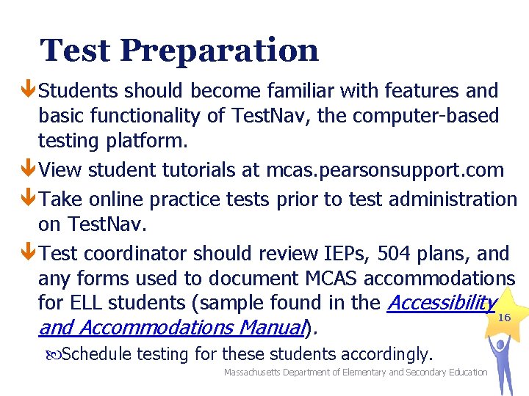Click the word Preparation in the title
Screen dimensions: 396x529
[219, 51]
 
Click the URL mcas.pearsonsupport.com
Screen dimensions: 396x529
[385, 170]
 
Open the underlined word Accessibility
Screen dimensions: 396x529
[442, 302]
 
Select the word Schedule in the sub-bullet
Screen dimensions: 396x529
[98, 355]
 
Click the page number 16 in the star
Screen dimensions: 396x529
[504, 318]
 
